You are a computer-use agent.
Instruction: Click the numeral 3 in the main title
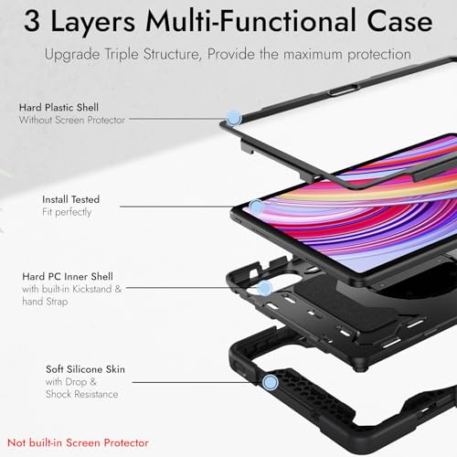click(32, 21)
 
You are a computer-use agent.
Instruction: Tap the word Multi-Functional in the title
click(250, 20)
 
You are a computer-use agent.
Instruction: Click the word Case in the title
click(399, 21)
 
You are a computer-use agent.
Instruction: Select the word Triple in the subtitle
click(122, 55)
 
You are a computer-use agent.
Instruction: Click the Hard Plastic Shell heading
click(58, 107)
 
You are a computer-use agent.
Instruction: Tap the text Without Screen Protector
click(72, 120)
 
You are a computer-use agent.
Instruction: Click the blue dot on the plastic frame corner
click(234, 118)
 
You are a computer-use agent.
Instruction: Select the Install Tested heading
click(71, 199)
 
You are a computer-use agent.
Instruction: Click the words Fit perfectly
click(67, 212)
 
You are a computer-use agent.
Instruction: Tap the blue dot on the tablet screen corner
click(256, 207)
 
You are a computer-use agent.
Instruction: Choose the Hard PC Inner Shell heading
click(68, 277)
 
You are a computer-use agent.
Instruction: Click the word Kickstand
click(92, 289)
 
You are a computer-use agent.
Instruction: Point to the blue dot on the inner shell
click(264, 288)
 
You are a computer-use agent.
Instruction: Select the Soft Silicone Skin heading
click(85, 369)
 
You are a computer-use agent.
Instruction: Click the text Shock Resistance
click(82, 394)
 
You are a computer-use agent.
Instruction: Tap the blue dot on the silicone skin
click(270, 383)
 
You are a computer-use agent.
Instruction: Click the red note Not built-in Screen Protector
click(78, 442)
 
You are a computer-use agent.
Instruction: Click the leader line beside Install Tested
click(185, 207)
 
